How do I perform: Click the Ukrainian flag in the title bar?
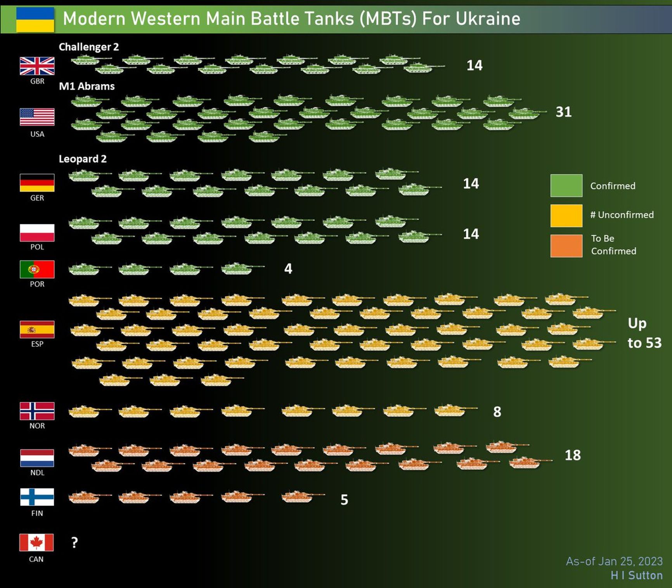(x=35, y=19)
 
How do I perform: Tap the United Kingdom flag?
(x=37, y=66)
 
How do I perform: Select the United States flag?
(x=37, y=117)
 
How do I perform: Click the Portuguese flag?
(x=37, y=270)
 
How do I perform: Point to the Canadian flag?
(x=36, y=542)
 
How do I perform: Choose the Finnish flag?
(x=37, y=497)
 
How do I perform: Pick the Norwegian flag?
(x=37, y=411)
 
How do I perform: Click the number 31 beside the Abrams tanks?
(x=563, y=112)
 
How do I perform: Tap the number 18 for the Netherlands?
(x=572, y=455)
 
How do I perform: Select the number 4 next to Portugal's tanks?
(x=288, y=268)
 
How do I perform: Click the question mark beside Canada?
(x=74, y=542)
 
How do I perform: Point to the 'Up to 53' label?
(x=644, y=333)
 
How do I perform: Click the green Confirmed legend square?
(x=566, y=186)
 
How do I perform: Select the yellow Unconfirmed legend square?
(x=566, y=216)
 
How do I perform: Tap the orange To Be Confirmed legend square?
(x=566, y=246)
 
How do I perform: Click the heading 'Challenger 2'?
(x=89, y=47)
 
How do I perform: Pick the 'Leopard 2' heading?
(x=83, y=159)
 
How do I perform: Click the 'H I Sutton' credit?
(x=636, y=575)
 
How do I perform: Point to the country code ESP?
(x=37, y=344)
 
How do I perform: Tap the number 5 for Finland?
(x=344, y=500)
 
